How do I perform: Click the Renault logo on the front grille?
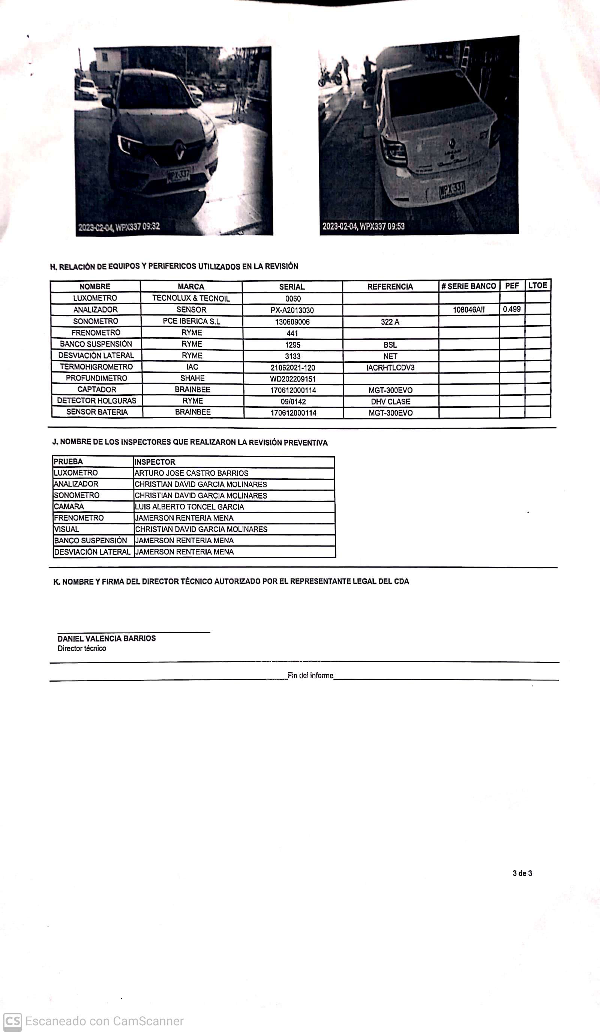180,151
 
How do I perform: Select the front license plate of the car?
178,176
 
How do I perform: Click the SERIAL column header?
292,287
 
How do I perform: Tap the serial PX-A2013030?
292,310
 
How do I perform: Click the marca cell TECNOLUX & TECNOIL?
191,298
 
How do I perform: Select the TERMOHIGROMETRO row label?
96,367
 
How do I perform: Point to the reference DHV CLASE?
390,401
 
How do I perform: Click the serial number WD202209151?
292,379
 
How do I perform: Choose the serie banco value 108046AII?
469,310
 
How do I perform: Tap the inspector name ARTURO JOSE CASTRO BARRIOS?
191,473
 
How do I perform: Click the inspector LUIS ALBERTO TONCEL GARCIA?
189,507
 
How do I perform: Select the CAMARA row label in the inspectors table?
69,507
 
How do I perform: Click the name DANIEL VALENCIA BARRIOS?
106,638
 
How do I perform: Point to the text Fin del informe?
310,676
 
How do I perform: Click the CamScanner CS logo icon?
12,1021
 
